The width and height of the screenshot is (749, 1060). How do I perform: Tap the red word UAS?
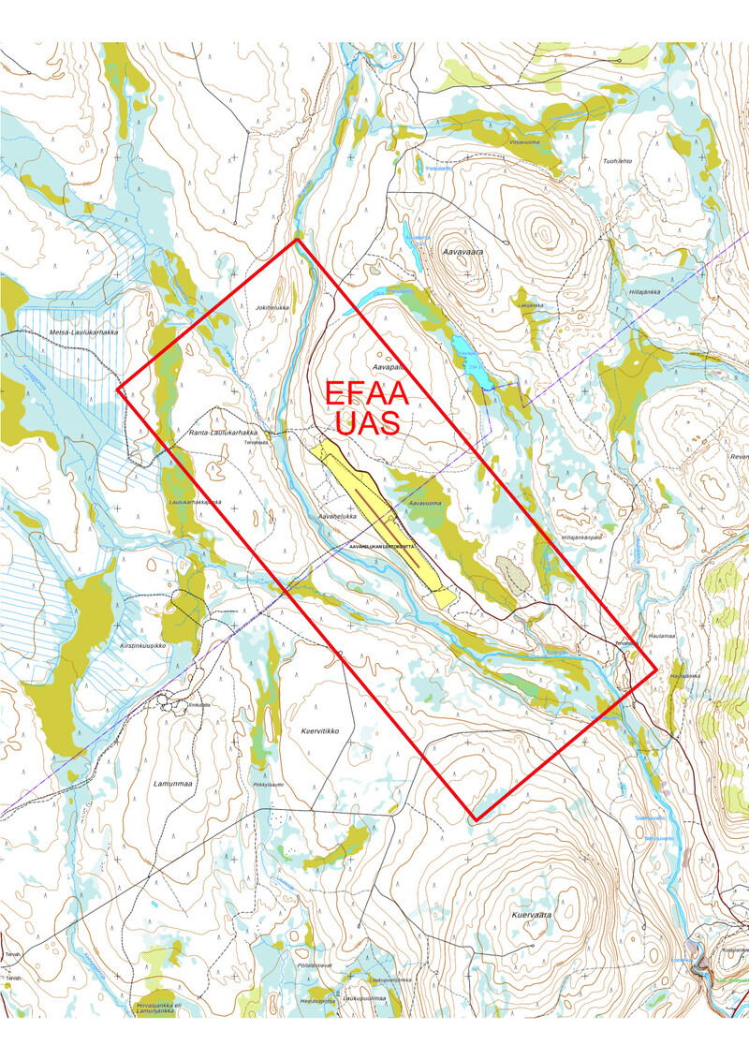[x=368, y=424]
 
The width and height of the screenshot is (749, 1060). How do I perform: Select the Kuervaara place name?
[x=532, y=914]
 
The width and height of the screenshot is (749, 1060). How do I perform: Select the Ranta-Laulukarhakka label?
[x=223, y=433]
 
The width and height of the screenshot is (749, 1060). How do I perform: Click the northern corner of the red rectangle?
[x=297, y=240]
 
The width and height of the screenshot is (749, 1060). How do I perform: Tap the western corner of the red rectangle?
[x=117, y=389]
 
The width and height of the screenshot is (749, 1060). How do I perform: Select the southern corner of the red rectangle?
[x=476, y=820]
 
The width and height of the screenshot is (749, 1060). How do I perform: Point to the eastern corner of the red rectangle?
[x=655, y=670]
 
